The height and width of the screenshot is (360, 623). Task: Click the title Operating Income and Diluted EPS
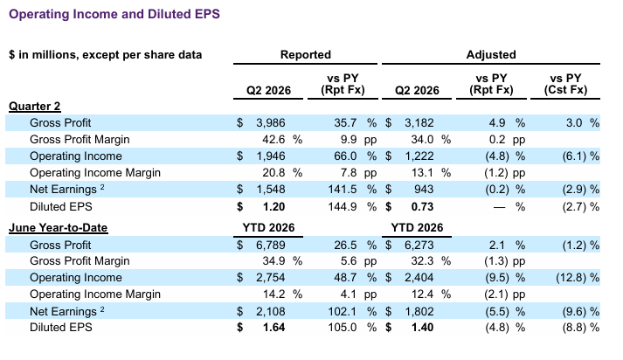114,14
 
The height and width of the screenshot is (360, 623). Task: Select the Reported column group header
306,54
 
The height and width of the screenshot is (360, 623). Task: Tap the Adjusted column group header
491,54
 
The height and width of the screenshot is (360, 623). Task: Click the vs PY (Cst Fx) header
565,84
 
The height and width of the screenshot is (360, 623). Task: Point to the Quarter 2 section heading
35,106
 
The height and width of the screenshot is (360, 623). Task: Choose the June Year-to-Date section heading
58,228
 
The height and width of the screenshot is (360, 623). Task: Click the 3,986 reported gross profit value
271,123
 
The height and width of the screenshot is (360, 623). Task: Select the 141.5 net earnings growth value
343,189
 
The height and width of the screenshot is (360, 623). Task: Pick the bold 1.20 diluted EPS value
274,206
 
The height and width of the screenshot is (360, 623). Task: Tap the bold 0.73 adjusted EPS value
422,206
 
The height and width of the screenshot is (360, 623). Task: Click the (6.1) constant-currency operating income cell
574,156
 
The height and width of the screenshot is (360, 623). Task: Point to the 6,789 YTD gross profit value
271,245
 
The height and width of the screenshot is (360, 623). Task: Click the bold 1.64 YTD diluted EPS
274,328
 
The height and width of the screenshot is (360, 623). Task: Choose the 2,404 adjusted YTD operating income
419,277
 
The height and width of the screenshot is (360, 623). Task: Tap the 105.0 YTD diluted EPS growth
343,328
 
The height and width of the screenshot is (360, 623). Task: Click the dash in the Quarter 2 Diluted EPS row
500,207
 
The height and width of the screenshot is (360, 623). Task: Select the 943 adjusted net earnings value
424,189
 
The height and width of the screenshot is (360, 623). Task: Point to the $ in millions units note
106,55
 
